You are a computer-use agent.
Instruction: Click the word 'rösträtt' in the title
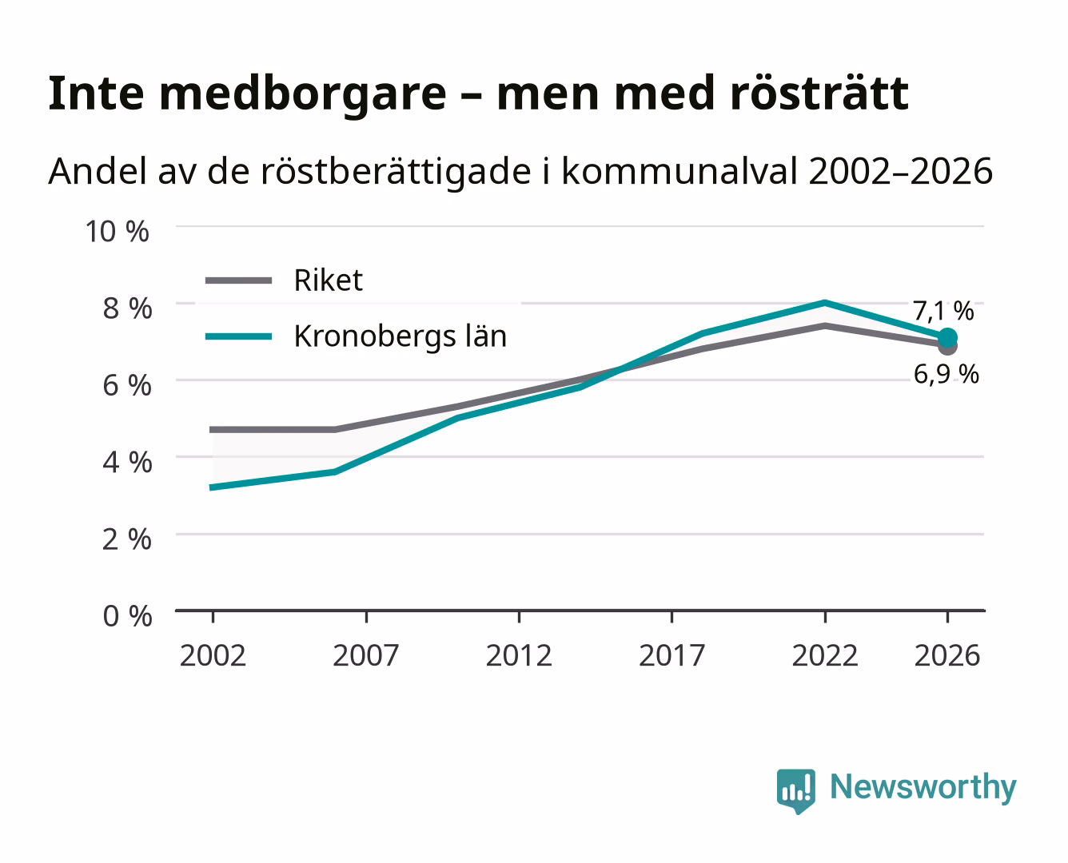(x=819, y=93)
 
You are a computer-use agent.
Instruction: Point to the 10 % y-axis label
(x=118, y=232)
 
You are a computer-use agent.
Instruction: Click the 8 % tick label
(x=127, y=308)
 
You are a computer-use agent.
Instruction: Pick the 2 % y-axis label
(x=127, y=539)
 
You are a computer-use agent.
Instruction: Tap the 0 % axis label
(x=127, y=616)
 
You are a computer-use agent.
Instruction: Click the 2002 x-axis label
(x=213, y=655)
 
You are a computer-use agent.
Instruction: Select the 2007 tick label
(x=366, y=655)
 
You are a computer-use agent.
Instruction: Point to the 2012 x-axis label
(x=519, y=655)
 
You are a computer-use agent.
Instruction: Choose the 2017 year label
(x=671, y=655)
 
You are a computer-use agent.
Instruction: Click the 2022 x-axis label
(x=825, y=655)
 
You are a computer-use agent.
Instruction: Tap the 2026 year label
(x=947, y=655)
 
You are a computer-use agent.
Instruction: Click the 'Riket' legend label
(x=328, y=280)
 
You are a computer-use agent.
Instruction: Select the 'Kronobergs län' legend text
(x=400, y=336)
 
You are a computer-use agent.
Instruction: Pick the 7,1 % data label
(x=943, y=311)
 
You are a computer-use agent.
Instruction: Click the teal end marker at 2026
(x=947, y=338)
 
